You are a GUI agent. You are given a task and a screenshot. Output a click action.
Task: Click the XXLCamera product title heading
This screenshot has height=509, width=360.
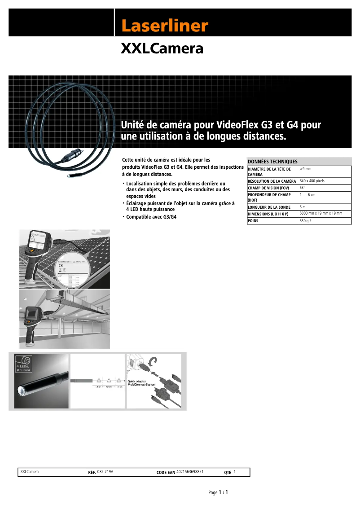click(162, 48)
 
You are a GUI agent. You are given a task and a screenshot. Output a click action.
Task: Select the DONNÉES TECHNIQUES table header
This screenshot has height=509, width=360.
click(272, 162)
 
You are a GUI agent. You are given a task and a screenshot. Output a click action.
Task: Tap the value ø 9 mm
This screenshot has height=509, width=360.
click(305, 169)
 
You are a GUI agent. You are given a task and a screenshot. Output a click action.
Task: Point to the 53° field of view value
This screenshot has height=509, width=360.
click(303, 188)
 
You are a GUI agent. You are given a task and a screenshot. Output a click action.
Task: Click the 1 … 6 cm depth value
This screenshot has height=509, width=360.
click(307, 195)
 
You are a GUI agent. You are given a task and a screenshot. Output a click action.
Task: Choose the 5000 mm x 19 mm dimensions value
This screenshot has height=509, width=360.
click(320, 214)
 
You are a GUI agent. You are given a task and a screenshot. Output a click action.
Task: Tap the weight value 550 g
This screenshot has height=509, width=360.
click(305, 221)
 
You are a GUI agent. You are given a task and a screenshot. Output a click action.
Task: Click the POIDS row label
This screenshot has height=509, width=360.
click(253, 221)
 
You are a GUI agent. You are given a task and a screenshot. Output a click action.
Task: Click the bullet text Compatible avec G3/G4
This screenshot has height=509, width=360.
click(151, 217)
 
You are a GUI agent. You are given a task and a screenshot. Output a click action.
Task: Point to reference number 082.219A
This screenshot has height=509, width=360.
click(105, 472)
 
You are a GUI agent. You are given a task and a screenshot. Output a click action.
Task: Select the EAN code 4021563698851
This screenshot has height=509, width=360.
click(190, 472)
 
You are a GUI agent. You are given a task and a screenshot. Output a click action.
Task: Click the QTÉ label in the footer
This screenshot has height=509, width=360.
click(227, 473)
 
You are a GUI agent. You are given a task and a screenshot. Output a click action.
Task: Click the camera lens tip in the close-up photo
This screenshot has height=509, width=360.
click(21, 391)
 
